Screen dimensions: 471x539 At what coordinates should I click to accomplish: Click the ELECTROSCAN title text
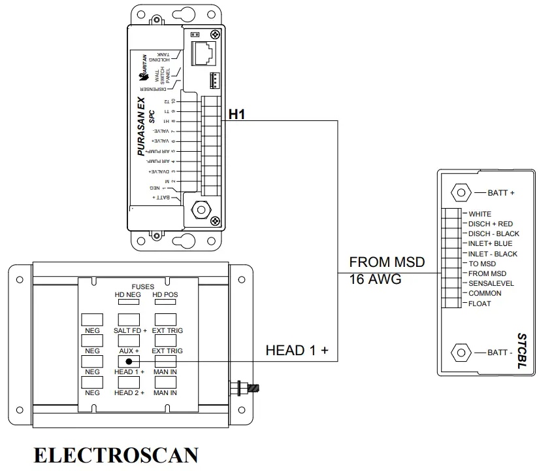pos(116,455)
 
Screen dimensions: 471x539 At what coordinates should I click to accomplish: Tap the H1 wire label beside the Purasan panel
pos(237,114)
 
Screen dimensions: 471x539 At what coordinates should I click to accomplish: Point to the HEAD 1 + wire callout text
pos(301,351)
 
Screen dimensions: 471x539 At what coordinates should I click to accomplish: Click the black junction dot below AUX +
pos(129,362)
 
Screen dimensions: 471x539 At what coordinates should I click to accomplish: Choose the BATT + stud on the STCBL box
pos(461,193)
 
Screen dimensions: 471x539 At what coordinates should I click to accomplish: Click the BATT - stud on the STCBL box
pos(461,353)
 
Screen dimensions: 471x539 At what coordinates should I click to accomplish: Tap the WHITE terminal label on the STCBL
pos(480,214)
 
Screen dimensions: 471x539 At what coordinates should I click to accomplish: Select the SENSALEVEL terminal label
pos(491,283)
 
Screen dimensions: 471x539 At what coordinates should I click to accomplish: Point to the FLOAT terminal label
pos(480,304)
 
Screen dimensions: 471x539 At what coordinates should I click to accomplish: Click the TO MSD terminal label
pos(482,264)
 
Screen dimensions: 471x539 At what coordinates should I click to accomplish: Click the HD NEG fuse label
pos(127,294)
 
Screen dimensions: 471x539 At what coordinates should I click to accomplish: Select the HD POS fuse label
pos(165,294)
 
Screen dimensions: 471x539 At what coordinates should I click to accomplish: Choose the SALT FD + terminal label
pos(130,331)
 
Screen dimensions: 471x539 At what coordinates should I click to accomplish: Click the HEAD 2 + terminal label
pos(129,392)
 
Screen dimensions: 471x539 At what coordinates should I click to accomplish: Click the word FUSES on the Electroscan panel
pos(143,286)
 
